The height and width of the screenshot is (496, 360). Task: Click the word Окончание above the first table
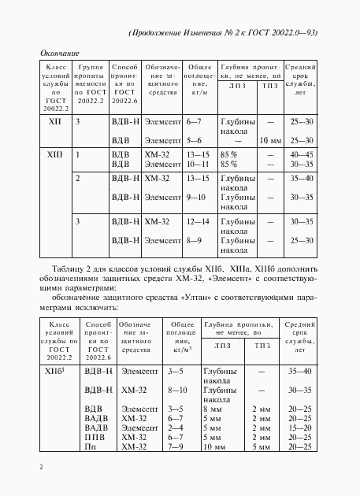(x=59, y=52)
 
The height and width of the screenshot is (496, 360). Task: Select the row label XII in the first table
(x=54, y=122)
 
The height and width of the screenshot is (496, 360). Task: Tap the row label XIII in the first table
(x=54, y=155)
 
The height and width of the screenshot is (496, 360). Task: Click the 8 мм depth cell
(x=213, y=409)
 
